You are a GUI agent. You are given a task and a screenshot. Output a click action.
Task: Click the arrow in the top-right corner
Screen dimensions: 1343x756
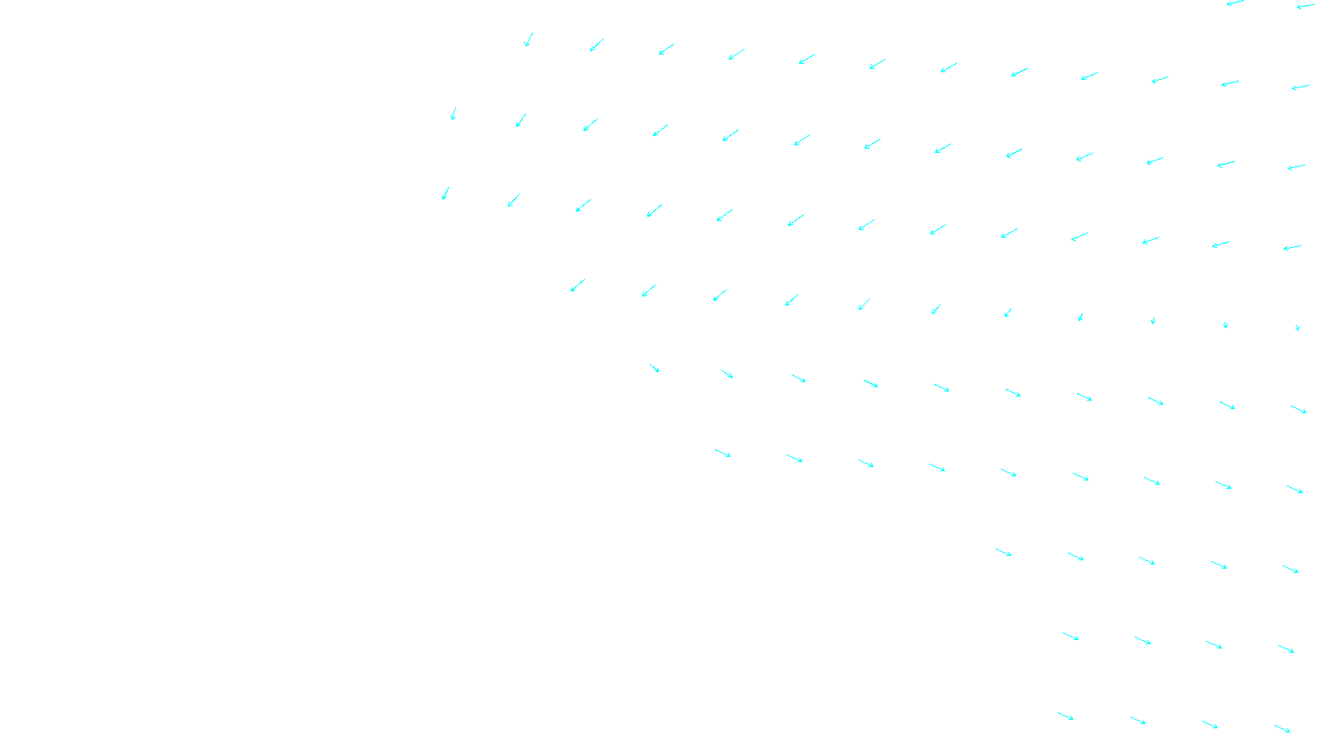[1305, 6]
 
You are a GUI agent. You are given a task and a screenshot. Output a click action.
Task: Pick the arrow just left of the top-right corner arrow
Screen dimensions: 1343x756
[1235, 3]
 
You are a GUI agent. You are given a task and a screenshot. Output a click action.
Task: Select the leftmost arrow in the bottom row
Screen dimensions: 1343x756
[1065, 717]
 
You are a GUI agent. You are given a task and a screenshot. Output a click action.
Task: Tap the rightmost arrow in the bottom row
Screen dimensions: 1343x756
[1282, 728]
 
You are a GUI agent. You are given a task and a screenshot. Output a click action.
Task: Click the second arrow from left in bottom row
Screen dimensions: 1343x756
[1137, 720]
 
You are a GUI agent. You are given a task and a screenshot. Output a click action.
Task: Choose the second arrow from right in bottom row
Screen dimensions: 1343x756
[1210, 724]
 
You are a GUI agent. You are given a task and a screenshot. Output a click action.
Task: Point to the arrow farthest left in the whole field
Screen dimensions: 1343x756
[446, 193]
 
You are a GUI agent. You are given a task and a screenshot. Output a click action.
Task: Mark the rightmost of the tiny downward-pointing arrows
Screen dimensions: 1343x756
[1297, 328]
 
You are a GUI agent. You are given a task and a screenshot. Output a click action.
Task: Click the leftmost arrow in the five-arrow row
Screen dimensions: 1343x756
[1003, 552]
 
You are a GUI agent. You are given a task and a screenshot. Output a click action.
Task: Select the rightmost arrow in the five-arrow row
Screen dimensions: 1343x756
[1290, 569]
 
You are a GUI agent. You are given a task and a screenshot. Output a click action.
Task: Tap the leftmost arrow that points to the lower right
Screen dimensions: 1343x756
[655, 368]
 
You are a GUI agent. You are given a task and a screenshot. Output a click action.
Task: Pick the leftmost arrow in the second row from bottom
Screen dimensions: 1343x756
[1070, 636]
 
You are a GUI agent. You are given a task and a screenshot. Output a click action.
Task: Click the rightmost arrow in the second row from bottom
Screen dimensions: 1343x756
[1286, 648]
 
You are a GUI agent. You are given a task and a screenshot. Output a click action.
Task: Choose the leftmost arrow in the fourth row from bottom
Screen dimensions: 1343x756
[723, 453]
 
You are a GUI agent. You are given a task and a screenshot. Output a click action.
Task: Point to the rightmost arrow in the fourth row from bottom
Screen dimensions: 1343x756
[1294, 489]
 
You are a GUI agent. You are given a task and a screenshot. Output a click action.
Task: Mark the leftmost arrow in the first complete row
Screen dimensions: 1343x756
[528, 39]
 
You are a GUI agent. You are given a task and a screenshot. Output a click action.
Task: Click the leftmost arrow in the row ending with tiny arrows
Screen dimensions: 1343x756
[577, 285]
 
